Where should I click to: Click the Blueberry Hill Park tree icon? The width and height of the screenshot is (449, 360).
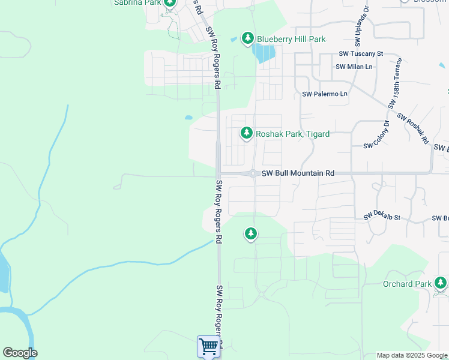247,38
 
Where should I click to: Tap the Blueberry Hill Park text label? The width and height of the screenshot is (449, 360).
291,39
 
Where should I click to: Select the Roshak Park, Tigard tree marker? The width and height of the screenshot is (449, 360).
246,133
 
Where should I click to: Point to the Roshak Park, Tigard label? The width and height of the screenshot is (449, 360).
292,134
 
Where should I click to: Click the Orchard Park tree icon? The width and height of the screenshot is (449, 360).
441,283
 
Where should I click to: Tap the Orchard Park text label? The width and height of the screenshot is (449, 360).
407,284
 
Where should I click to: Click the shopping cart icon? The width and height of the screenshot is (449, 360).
208,346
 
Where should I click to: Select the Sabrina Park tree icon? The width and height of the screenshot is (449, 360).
170,3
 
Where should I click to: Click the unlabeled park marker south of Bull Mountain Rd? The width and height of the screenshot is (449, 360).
251,233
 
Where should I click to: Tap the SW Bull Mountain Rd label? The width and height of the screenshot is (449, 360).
297,173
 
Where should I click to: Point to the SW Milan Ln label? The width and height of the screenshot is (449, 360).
354,67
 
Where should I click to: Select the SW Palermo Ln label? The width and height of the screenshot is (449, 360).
325,94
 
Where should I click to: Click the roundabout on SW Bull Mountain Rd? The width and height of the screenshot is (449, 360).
254,173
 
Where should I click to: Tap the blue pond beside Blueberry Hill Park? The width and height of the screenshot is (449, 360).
264,54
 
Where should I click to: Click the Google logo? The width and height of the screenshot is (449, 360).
20,353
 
